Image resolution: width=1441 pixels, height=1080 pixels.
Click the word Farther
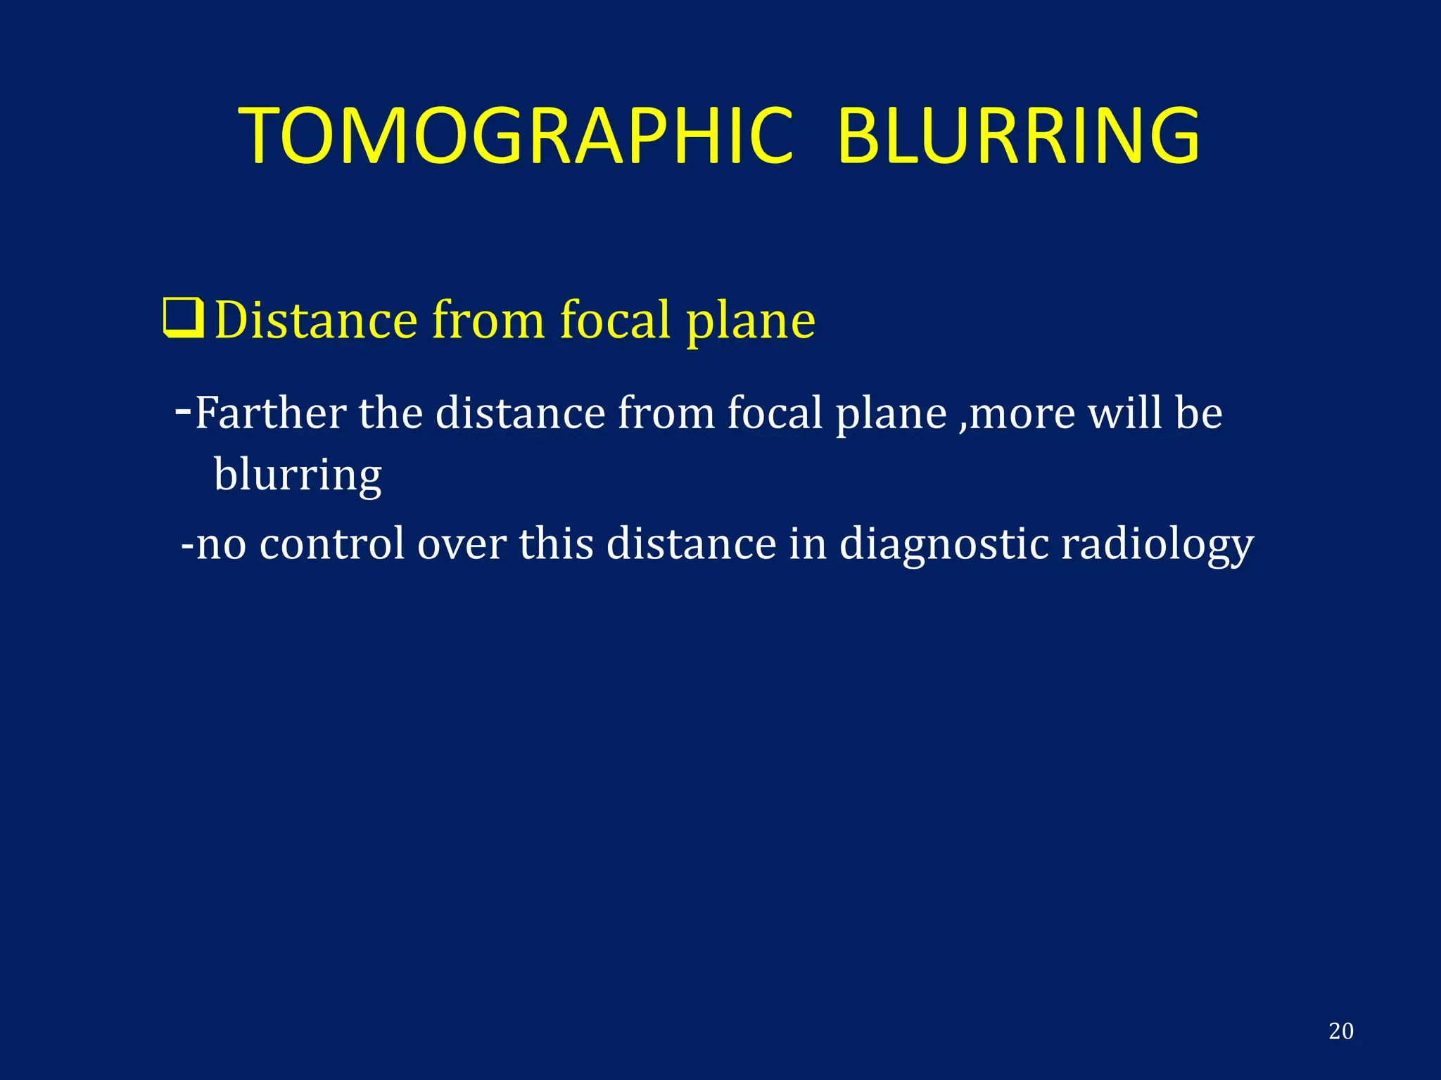click(270, 413)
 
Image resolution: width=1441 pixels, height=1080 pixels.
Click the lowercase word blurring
click(298, 475)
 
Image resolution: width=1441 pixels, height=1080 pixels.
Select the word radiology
click(1157, 545)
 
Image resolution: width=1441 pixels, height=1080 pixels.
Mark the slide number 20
click(1340, 1031)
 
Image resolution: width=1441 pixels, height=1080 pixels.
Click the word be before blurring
click(1198, 413)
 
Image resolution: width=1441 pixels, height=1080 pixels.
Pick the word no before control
click(221, 545)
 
